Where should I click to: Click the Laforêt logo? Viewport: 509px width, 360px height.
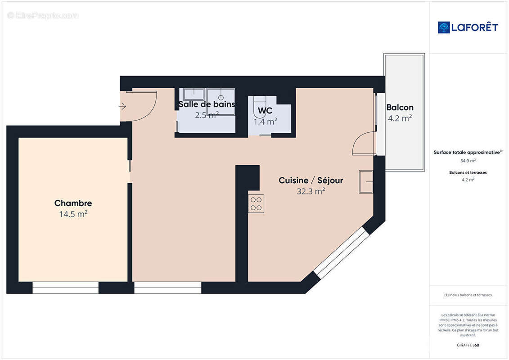[x=468, y=27]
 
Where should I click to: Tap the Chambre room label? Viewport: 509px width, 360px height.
[x=73, y=203]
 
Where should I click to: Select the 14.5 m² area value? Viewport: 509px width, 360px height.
[x=73, y=214]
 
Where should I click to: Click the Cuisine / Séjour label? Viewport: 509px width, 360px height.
[x=311, y=180]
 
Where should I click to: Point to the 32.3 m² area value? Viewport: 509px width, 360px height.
[x=311, y=191]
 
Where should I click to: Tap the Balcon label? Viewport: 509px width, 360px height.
[x=400, y=108]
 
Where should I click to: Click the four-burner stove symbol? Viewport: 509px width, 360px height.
[x=257, y=203]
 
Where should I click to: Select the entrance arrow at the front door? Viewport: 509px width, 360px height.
[x=122, y=106]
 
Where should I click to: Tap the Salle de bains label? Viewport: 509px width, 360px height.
[x=207, y=104]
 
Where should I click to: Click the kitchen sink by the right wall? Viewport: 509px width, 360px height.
[x=366, y=182]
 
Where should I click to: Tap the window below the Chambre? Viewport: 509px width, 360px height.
[x=66, y=288]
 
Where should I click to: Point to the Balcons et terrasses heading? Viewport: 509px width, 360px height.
[x=468, y=172]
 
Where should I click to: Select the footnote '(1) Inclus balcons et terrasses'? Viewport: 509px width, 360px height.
[x=468, y=295]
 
